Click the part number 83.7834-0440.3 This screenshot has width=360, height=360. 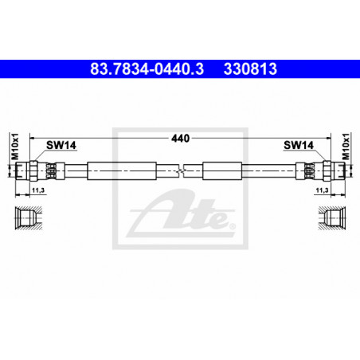pyautogui.click(x=147, y=68)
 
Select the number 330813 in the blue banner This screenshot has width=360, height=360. pyautogui.click(x=250, y=68)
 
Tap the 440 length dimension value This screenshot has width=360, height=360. pyautogui.click(x=180, y=139)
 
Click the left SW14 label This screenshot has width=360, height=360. pyautogui.click(x=61, y=145)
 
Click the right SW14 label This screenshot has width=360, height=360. pyautogui.click(x=299, y=145)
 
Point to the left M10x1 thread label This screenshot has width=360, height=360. pyautogui.click(x=15, y=147)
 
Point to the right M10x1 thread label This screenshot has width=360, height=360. pyautogui.click(x=346, y=147)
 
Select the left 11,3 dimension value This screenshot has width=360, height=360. pyautogui.click(x=38, y=190)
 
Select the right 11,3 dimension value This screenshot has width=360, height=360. pyautogui.click(x=322, y=190)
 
